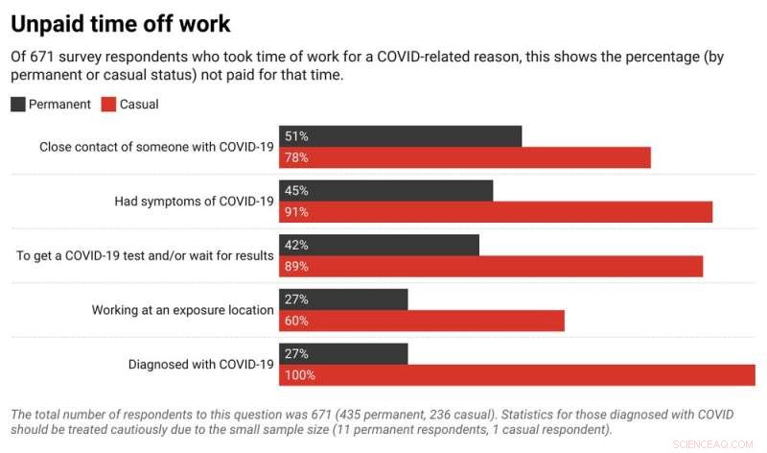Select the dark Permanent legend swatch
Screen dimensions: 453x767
(x=18, y=104)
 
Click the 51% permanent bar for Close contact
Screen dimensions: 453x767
(x=400, y=136)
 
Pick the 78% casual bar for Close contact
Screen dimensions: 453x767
(x=464, y=157)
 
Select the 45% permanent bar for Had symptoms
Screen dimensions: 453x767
(x=385, y=191)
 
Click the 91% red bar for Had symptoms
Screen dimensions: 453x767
(x=495, y=212)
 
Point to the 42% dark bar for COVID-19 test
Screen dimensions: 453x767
(x=379, y=245)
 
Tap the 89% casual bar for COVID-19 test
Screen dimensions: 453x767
(x=490, y=266)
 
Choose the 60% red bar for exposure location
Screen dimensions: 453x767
(x=421, y=321)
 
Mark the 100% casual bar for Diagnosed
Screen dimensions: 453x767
(x=517, y=375)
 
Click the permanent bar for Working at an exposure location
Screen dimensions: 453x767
(x=343, y=299)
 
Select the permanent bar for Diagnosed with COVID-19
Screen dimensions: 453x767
(x=343, y=354)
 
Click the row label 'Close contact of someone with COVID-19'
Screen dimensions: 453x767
(x=156, y=147)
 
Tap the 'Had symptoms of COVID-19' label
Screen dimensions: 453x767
(x=194, y=202)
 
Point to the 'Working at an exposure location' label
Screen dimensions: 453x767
(x=182, y=310)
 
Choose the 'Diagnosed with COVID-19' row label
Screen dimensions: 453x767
(x=201, y=365)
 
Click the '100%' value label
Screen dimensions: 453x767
(x=299, y=375)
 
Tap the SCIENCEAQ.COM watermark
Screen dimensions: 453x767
(x=717, y=444)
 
